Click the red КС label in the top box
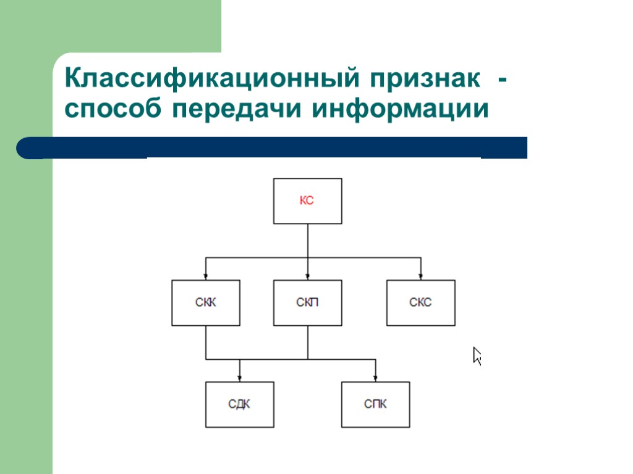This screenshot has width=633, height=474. (307, 201)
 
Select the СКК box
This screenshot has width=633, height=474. (206, 302)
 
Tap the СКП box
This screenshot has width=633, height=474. (307, 302)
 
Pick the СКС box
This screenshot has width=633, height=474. (420, 302)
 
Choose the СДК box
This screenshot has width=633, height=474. (239, 405)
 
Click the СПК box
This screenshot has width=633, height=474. (375, 405)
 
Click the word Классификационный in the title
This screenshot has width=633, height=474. (211, 79)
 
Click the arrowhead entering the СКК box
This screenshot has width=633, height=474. (206, 276)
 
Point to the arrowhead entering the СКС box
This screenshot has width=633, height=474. (420, 276)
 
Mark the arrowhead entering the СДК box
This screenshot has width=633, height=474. (239, 378)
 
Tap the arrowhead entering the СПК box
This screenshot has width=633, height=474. (375, 378)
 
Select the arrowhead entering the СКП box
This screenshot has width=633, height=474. (307, 276)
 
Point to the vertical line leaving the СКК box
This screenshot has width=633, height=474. (206, 342)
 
